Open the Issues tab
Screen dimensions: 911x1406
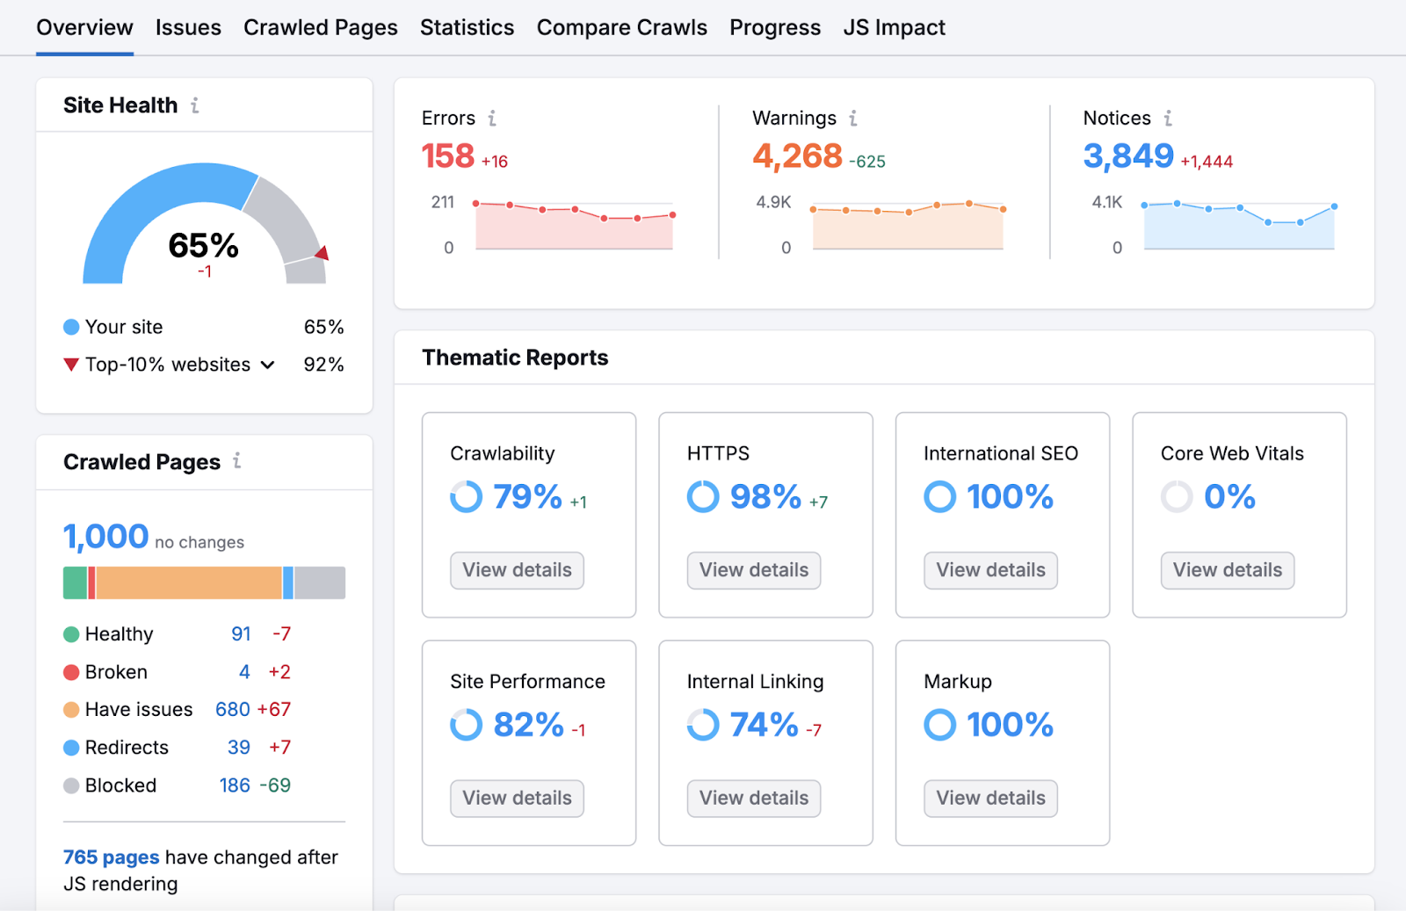(x=188, y=28)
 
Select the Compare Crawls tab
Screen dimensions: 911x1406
(x=621, y=28)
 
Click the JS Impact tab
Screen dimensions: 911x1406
(x=894, y=28)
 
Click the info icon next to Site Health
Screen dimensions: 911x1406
(x=195, y=105)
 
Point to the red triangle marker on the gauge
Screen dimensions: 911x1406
(x=323, y=253)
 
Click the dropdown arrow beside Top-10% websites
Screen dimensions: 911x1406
(x=268, y=365)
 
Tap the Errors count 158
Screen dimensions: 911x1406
(x=448, y=156)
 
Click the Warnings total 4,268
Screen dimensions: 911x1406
(x=797, y=156)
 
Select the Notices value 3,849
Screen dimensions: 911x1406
(x=1128, y=156)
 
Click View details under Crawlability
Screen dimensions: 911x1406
(x=517, y=570)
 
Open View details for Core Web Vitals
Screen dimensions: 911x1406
(x=1227, y=570)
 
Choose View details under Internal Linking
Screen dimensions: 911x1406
(x=753, y=798)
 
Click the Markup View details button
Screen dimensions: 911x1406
(x=990, y=798)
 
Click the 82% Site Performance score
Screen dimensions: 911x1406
(x=528, y=725)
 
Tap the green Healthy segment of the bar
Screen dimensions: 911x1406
(x=75, y=582)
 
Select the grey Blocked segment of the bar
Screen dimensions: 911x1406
(x=320, y=582)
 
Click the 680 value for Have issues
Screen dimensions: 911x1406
(x=233, y=709)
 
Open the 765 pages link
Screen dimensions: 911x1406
(x=111, y=857)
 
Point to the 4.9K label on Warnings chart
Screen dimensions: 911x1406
(x=773, y=202)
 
